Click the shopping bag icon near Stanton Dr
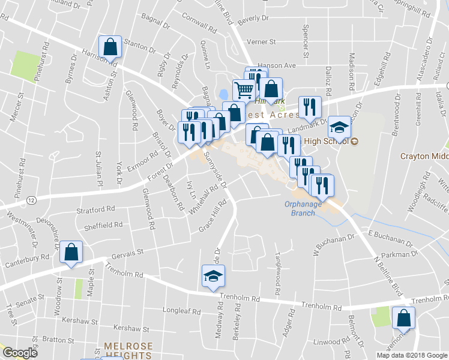[x=111, y=46]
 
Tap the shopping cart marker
[x=244, y=91]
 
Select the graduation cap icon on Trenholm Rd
[x=212, y=277]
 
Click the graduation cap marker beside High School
[x=339, y=127]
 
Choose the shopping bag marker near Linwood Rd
[x=403, y=317]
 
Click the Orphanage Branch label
[x=303, y=208]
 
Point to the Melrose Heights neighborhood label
[x=128, y=351]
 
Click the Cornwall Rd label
[x=200, y=26]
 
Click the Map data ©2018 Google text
[x=412, y=355]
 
